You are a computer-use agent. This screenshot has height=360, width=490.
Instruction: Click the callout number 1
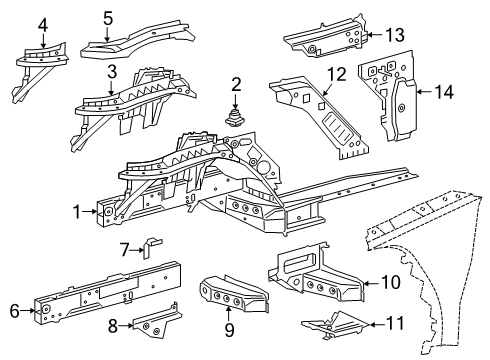click(x=77, y=212)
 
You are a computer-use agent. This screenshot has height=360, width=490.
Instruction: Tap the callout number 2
click(x=236, y=85)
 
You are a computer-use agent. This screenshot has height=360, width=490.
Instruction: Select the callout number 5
click(x=108, y=18)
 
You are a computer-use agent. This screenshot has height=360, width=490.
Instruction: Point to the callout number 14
click(x=445, y=92)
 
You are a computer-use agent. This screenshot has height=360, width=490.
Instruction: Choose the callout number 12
click(x=337, y=74)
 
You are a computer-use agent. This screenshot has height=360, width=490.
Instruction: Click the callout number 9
click(x=229, y=329)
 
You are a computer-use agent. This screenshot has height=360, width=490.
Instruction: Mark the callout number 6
click(x=15, y=311)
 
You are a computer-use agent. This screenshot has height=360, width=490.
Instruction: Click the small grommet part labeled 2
click(x=235, y=119)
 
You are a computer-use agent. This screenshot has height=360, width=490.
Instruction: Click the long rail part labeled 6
click(x=108, y=293)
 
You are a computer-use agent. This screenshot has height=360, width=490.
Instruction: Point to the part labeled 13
click(x=327, y=37)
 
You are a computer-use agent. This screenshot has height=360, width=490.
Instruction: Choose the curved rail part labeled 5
click(x=137, y=38)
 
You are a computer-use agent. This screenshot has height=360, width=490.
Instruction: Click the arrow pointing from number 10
click(x=371, y=283)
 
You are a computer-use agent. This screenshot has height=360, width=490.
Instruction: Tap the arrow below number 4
click(x=43, y=40)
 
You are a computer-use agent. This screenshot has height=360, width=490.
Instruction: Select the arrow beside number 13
click(x=375, y=34)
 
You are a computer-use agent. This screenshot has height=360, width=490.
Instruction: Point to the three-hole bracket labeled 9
click(x=233, y=293)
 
